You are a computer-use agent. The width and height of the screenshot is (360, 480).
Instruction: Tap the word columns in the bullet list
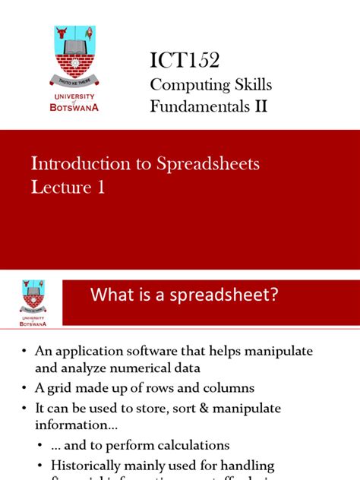point(229,388)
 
